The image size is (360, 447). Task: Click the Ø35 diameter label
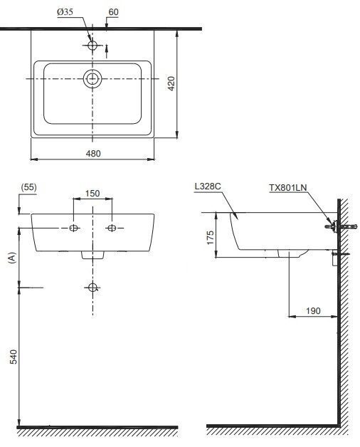[x=65, y=13]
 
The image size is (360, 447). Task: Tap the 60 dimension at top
[x=113, y=13]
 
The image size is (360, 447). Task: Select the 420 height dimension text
[x=170, y=84]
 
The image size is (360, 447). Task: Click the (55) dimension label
[x=29, y=187]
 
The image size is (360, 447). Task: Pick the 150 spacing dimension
[x=92, y=194]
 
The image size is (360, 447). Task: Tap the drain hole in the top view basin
[x=92, y=78]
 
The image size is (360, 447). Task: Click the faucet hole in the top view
[x=92, y=45]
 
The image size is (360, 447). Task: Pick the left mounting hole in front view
[x=73, y=228]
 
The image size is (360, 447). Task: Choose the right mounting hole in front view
[x=112, y=228]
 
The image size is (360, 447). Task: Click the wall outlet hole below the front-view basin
[x=92, y=288]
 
